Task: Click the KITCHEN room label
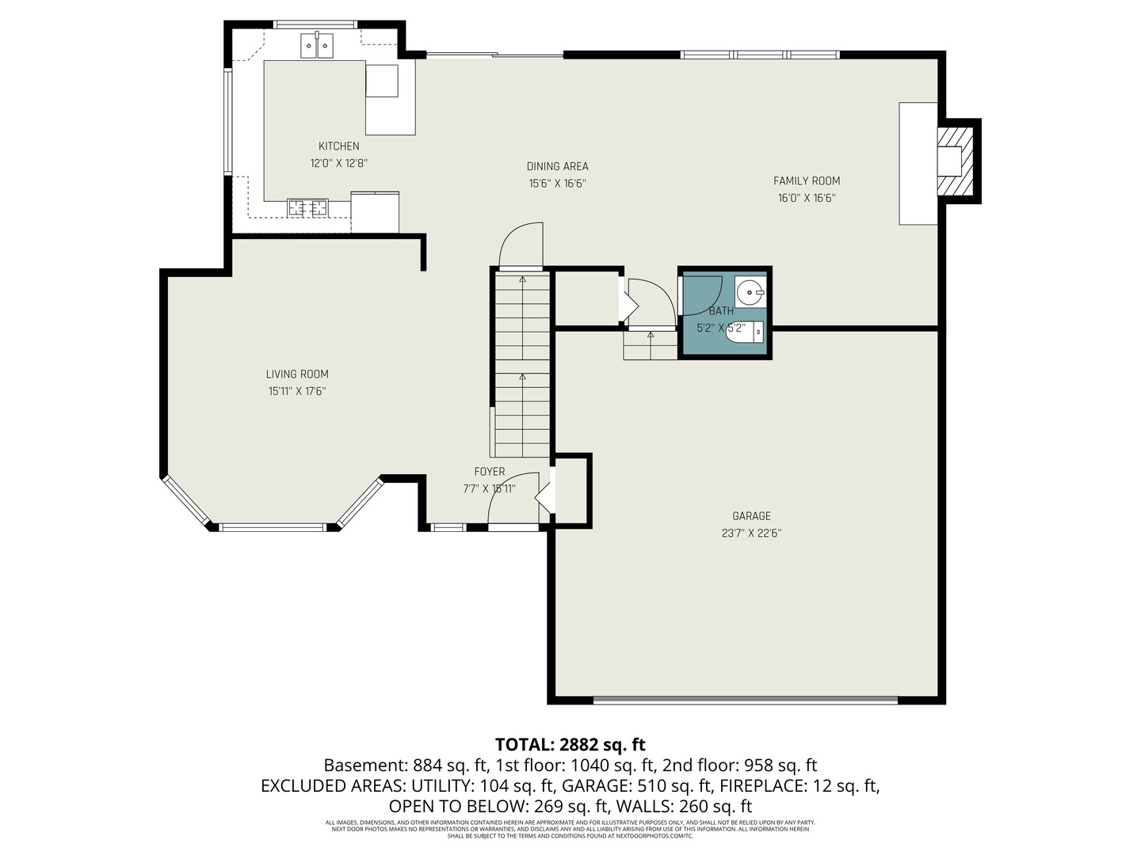(338, 146)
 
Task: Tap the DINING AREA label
(557, 166)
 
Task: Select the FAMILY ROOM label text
(807, 180)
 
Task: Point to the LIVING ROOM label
(297, 374)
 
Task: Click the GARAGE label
(751, 516)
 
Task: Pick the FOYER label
(490, 472)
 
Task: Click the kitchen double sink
(317, 46)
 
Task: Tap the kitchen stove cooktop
(307, 208)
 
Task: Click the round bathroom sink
(750, 292)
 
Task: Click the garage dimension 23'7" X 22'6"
(751, 534)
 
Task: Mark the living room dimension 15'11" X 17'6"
(297, 391)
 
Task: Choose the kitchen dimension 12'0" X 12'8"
(338, 164)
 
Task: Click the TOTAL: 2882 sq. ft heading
(570, 745)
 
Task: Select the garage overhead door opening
(746, 700)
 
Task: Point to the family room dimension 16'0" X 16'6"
(807, 198)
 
